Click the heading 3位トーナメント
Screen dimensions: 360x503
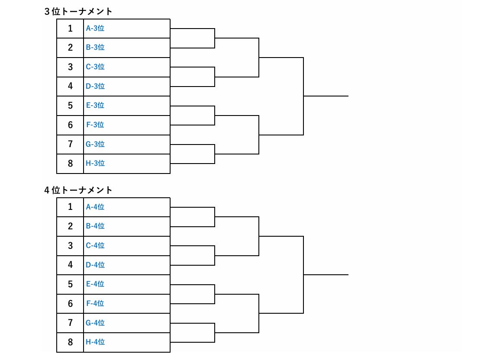pyautogui.click(x=78, y=12)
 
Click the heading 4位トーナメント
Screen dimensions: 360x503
pyautogui.click(x=78, y=190)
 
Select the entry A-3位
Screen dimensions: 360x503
pyautogui.click(x=95, y=29)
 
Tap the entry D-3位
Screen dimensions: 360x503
pyautogui.click(x=95, y=86)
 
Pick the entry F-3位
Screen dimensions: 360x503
pyautogui.click(x=95, y=125)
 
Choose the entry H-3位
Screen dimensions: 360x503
pyautogui.click(x=95, y=163)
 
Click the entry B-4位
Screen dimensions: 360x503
pyautogui.click(x=95, y=226)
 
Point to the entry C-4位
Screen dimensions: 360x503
pyautogui.click(x=95, y=245)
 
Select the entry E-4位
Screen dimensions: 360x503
pyautogui.click(x=95, y=284)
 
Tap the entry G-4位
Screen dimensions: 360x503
pyautogui.click(x=95, y=322)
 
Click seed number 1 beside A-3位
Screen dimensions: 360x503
pyautogui.click(x=70, y=29)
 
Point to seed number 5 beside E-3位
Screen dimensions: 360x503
pyautogui.click(x=70, y=105)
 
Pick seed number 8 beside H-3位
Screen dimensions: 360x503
pyautogui.click(x=70, y=163)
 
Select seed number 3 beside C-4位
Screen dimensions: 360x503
pyautogui.click(x=70, y=245)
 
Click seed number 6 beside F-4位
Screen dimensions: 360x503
pyautogui.click(x=70, y=303)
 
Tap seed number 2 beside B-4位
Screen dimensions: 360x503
pyautogui.click(x=70, y=226)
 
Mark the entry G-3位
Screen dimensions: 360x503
pyautogui.click(x=95, y=144)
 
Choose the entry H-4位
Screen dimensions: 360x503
pyautogui.click(x=95, y=342)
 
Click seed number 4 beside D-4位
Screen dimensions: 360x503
pyautogui.click(x=70, y=265)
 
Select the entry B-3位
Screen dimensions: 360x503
pyautogui.click(x=95, y=47)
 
